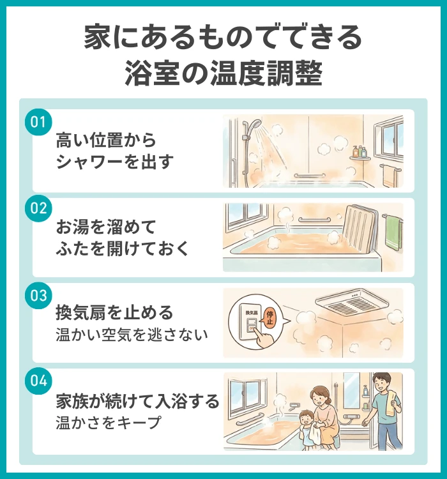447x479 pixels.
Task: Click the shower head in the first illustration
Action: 254,124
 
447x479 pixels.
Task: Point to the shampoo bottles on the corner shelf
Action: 360,151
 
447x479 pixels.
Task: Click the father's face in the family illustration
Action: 381,384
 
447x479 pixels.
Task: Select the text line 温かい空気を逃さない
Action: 133,334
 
